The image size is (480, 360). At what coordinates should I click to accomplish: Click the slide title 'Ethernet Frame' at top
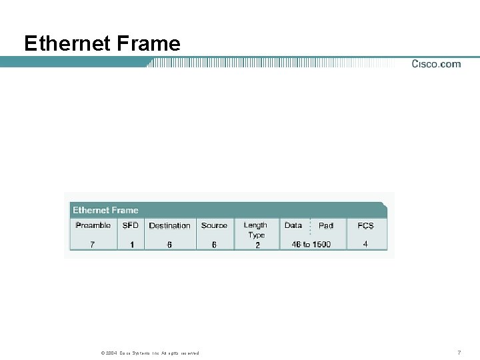point(102,43)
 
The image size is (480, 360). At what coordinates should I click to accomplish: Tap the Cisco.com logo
point(436,64)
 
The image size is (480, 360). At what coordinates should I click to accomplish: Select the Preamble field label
point(93,225)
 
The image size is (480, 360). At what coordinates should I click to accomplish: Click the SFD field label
point(131,225)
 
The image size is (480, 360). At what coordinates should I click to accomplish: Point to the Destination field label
point(169,225)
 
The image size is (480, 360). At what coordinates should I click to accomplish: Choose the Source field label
point(214,225)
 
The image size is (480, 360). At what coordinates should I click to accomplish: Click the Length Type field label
point(256,230)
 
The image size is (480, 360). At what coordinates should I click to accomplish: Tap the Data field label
point(293,225)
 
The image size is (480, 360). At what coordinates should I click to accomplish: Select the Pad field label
point(326,225)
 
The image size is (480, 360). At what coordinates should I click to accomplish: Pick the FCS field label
point(365,225)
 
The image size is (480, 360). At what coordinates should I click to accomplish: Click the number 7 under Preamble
point(93,245)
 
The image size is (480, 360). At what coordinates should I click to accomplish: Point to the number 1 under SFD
point(132,245)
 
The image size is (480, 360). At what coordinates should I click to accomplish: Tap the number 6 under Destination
point(169,245)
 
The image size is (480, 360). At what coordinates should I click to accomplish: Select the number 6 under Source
point(214,245)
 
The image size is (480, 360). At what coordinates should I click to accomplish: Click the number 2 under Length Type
point(257,245)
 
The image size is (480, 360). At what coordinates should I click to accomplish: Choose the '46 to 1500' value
point(311,245)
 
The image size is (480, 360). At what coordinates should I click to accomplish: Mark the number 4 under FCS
point(365,244)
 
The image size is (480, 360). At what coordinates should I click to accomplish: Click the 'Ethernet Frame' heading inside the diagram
point(105,210)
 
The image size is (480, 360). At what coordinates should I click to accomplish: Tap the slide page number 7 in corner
point(459,352)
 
